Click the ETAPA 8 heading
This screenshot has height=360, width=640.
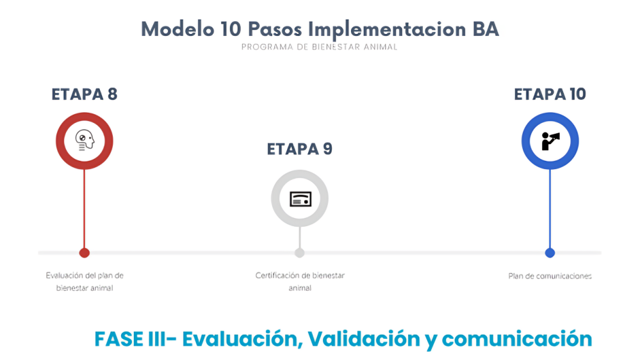point(85,94)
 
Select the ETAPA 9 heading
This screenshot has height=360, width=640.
point(300,149)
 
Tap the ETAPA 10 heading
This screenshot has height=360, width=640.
point(550,94)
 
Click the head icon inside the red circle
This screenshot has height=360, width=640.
point(85,141)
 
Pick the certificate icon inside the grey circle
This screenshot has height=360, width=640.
point(300,199)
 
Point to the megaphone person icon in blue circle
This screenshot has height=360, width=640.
point(550,141)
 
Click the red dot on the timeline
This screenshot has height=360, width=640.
point(85,253)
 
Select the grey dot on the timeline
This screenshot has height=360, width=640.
point(300,253)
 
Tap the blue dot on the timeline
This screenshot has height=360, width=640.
point(550,253)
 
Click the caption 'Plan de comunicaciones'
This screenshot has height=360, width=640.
point(550,276)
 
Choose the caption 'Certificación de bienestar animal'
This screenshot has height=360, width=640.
point(300,282)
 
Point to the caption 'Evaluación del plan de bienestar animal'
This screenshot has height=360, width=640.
point(85,282)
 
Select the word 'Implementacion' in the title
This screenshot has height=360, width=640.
point(386,30)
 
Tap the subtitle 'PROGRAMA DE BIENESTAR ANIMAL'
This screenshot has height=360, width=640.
point(319,47)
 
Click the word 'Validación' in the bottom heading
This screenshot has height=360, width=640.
point(364,339)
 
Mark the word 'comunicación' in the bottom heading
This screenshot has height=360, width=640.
point(517,339)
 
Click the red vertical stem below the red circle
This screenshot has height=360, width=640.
point(85,209)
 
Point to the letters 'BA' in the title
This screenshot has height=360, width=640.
point(486,29)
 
